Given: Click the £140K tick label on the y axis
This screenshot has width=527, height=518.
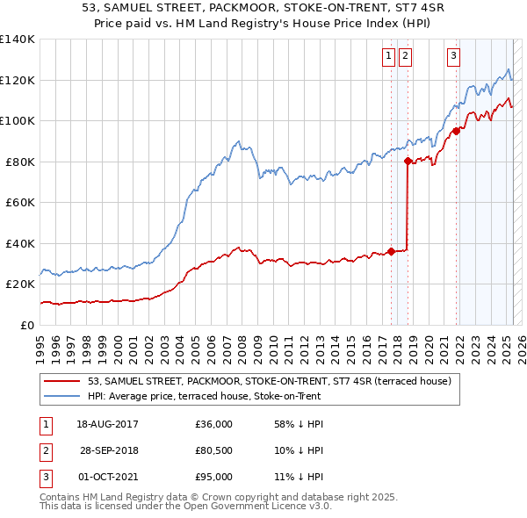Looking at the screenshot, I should click(x=18, y=40).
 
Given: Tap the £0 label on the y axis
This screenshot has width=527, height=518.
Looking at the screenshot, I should click(x=27, y=325).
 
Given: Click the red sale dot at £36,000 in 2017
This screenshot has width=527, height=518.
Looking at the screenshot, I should click(x=391, y=252).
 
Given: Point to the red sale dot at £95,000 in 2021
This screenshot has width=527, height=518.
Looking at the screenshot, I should click(x=456, y=132).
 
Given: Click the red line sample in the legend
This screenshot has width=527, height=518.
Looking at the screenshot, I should click(x=63, y=381).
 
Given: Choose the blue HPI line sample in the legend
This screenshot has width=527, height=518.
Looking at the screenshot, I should click(x=63, y=396).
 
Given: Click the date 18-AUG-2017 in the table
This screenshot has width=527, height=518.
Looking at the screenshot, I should click(x=108, y=424).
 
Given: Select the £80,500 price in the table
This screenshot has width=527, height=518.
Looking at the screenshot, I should click(x=214, y=450).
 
